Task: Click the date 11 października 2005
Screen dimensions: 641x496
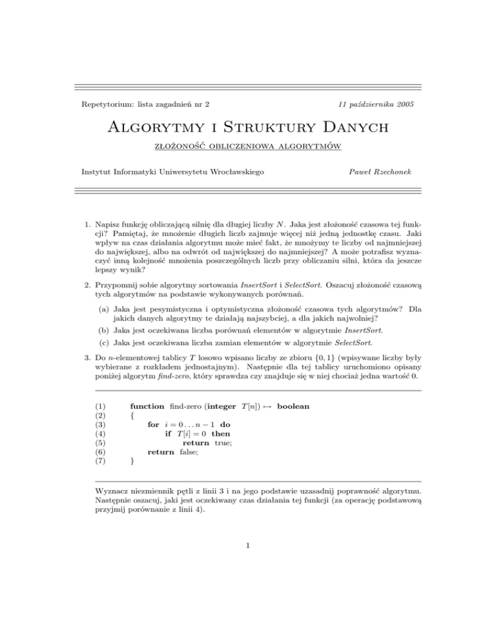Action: click(377, 104)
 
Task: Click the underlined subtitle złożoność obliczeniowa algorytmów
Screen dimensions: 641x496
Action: click(248, 149)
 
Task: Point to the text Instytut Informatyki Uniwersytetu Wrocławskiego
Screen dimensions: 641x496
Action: click(172, 171)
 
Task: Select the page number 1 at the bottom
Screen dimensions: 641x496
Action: click(248, 585)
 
